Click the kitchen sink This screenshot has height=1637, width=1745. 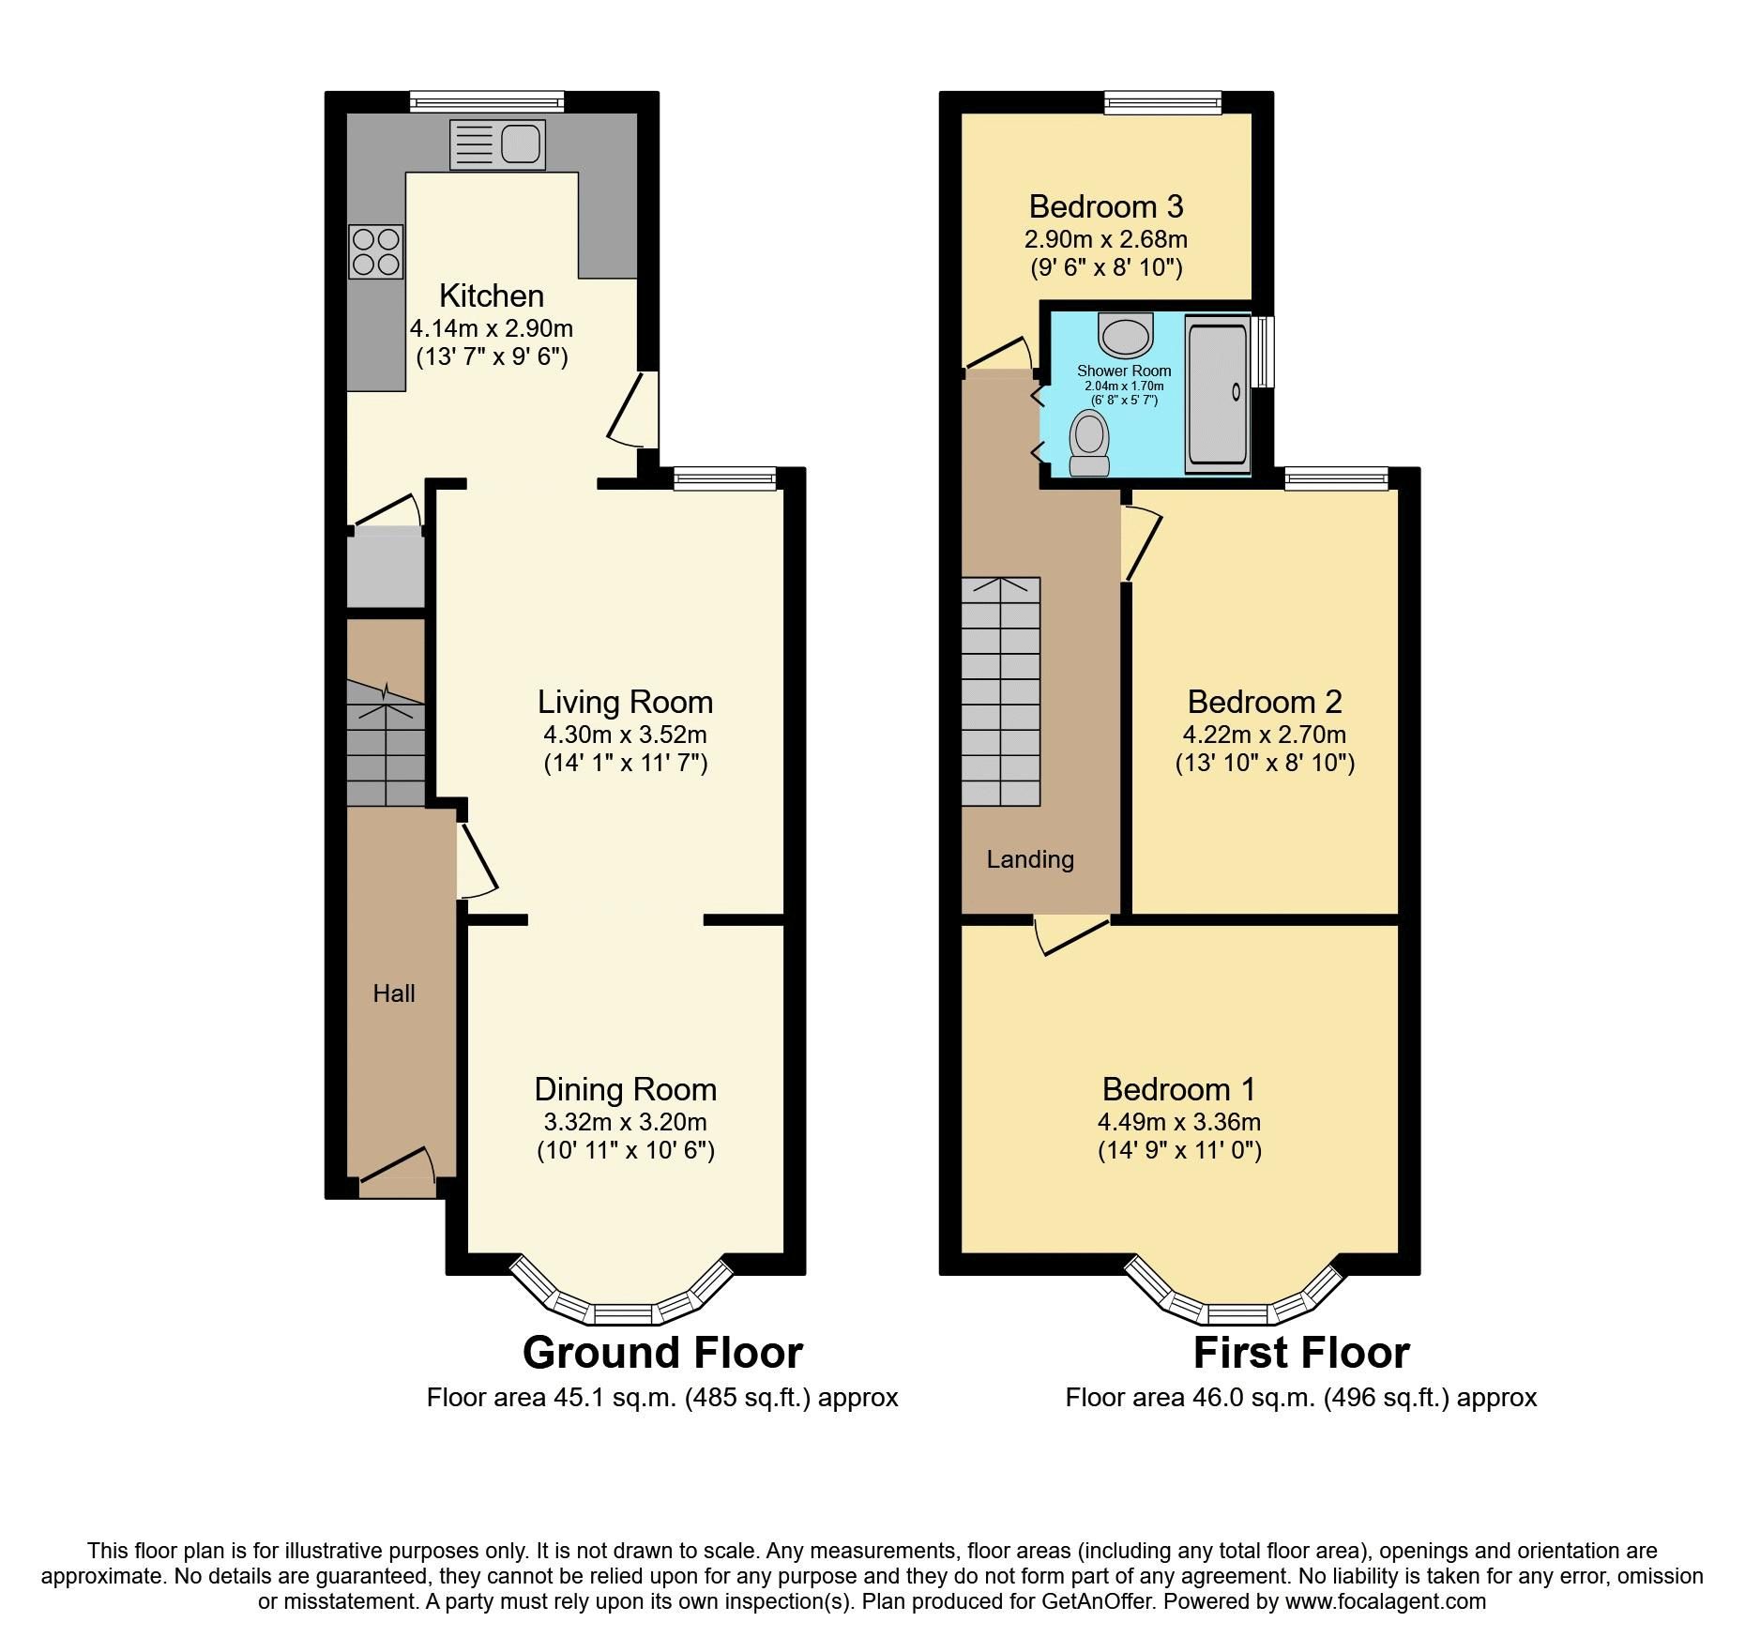coord(497,145)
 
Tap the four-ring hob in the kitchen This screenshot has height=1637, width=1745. coord(376,251)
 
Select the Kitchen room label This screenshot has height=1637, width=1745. coord(492,296)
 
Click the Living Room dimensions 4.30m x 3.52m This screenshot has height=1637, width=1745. coord(625,734)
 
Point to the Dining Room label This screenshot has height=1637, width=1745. coord(625,1089)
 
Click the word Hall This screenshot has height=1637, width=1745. coord(394,993)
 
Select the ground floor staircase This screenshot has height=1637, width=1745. coord(386,743)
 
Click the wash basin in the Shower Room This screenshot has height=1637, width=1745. coord(1124,334)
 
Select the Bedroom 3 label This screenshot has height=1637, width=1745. coord(1105,206)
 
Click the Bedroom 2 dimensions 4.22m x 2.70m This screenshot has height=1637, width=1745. coord(1264,734)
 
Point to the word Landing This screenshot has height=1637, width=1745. coord(1030,859)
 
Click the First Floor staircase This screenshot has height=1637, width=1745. coord(1000,691)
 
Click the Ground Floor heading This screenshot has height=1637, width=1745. coord(662,1353)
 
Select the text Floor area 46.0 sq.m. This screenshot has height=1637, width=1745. coord(1191,1398)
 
